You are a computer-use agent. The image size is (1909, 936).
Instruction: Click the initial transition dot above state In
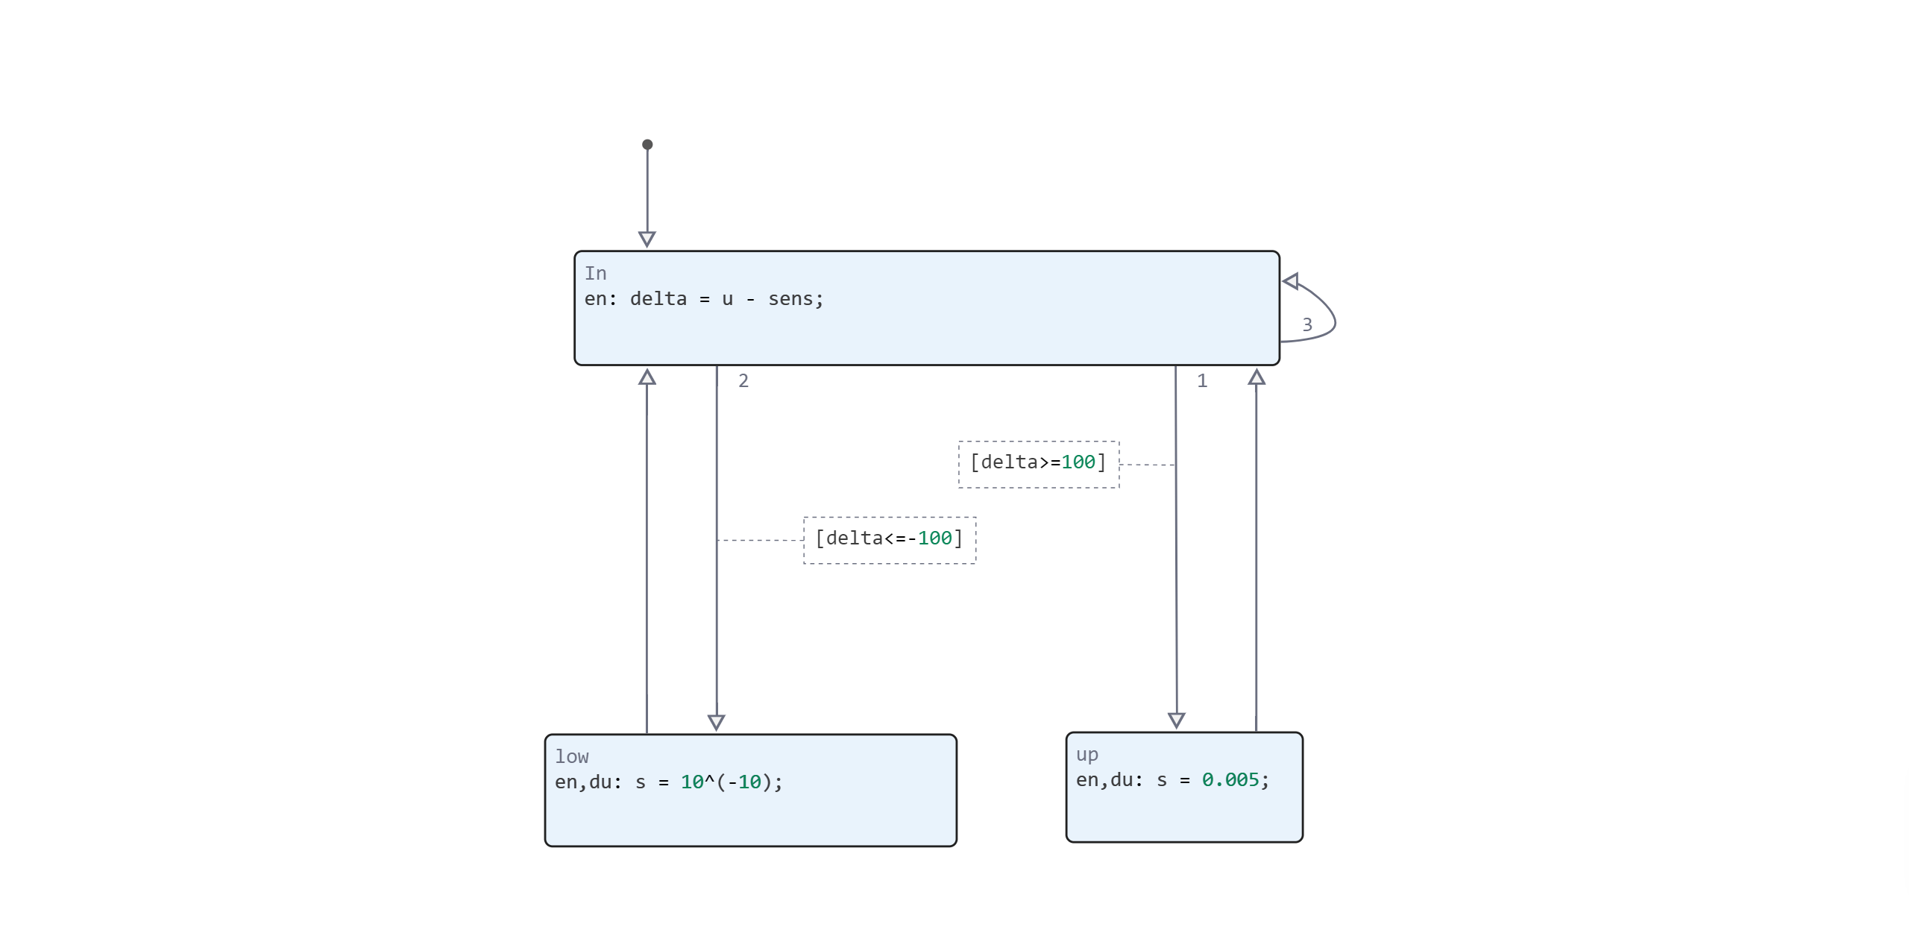(x=647, y=145)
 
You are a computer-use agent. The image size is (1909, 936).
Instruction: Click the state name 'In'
(x=595, y=274)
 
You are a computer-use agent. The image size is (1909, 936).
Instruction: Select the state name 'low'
(x=571, y=757)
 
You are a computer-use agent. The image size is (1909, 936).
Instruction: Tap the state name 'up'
(x=1086, y=755)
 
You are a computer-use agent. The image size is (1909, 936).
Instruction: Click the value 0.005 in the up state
(x=1230, y=780)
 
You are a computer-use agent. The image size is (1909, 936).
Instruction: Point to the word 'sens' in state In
(x=790, y=299)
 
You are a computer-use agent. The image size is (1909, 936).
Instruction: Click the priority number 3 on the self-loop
(x=1306, y=324)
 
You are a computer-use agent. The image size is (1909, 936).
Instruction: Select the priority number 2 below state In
(x=743, y=381)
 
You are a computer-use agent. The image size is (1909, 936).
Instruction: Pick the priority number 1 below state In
(x=1201, y=381)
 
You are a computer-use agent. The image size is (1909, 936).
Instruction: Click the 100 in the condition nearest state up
(x=1078, y=462)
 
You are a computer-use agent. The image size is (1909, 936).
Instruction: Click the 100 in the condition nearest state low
(x=934, y=538)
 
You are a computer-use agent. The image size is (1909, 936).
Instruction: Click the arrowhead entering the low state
(x=716, y=722)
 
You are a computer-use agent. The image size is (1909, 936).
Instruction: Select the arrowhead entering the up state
(x=1176, y=720)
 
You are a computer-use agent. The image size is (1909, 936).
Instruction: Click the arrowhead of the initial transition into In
(x=647, y=239)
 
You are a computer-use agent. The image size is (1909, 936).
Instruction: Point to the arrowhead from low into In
(x=647, y=377)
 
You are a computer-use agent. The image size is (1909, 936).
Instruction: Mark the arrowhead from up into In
(x=1257, y=377)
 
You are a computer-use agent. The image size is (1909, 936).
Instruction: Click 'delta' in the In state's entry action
(x=658, y=299)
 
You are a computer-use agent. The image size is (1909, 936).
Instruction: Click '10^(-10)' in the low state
(x=727, y=782)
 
